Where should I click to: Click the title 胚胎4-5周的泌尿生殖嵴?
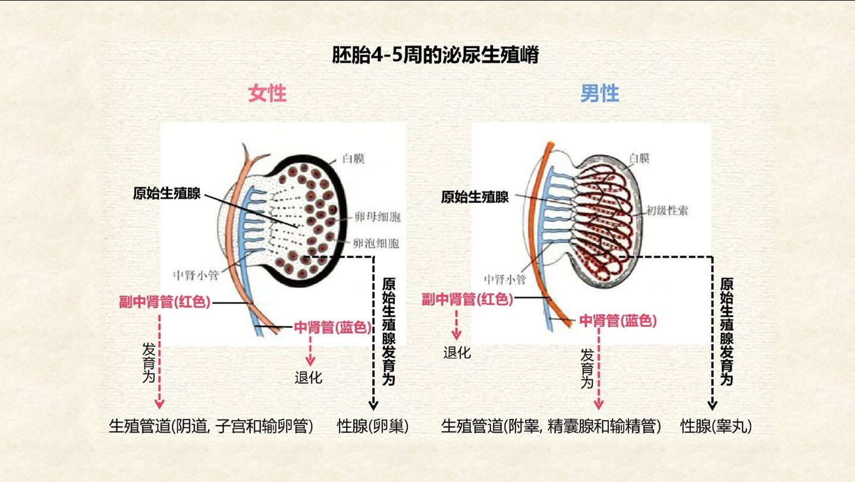(x=435, y=56)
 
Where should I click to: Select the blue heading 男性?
(x=599, y=94)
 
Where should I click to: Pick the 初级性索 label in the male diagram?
(x=667, y=210)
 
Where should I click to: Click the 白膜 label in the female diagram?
(x=353, y=159)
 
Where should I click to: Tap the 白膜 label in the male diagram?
(x=639, y=158)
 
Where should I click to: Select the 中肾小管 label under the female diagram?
(x=195, y=275)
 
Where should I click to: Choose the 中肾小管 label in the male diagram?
(x=505, y=279)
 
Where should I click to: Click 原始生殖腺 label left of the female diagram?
(x=166, y=194)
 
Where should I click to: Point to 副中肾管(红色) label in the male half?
(x=467, y=300)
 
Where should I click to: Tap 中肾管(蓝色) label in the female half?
(x=332, y=327)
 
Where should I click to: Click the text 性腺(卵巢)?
(x=373, y=426)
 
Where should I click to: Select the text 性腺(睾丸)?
(x=716, y=426)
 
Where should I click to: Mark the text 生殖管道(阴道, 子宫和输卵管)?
(x=211, y=426)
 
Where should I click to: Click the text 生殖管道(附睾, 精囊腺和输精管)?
(x=551, y=426)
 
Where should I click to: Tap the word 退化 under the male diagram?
(x=457, y=353)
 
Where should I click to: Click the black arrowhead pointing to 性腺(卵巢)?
(x=373, y=406)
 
